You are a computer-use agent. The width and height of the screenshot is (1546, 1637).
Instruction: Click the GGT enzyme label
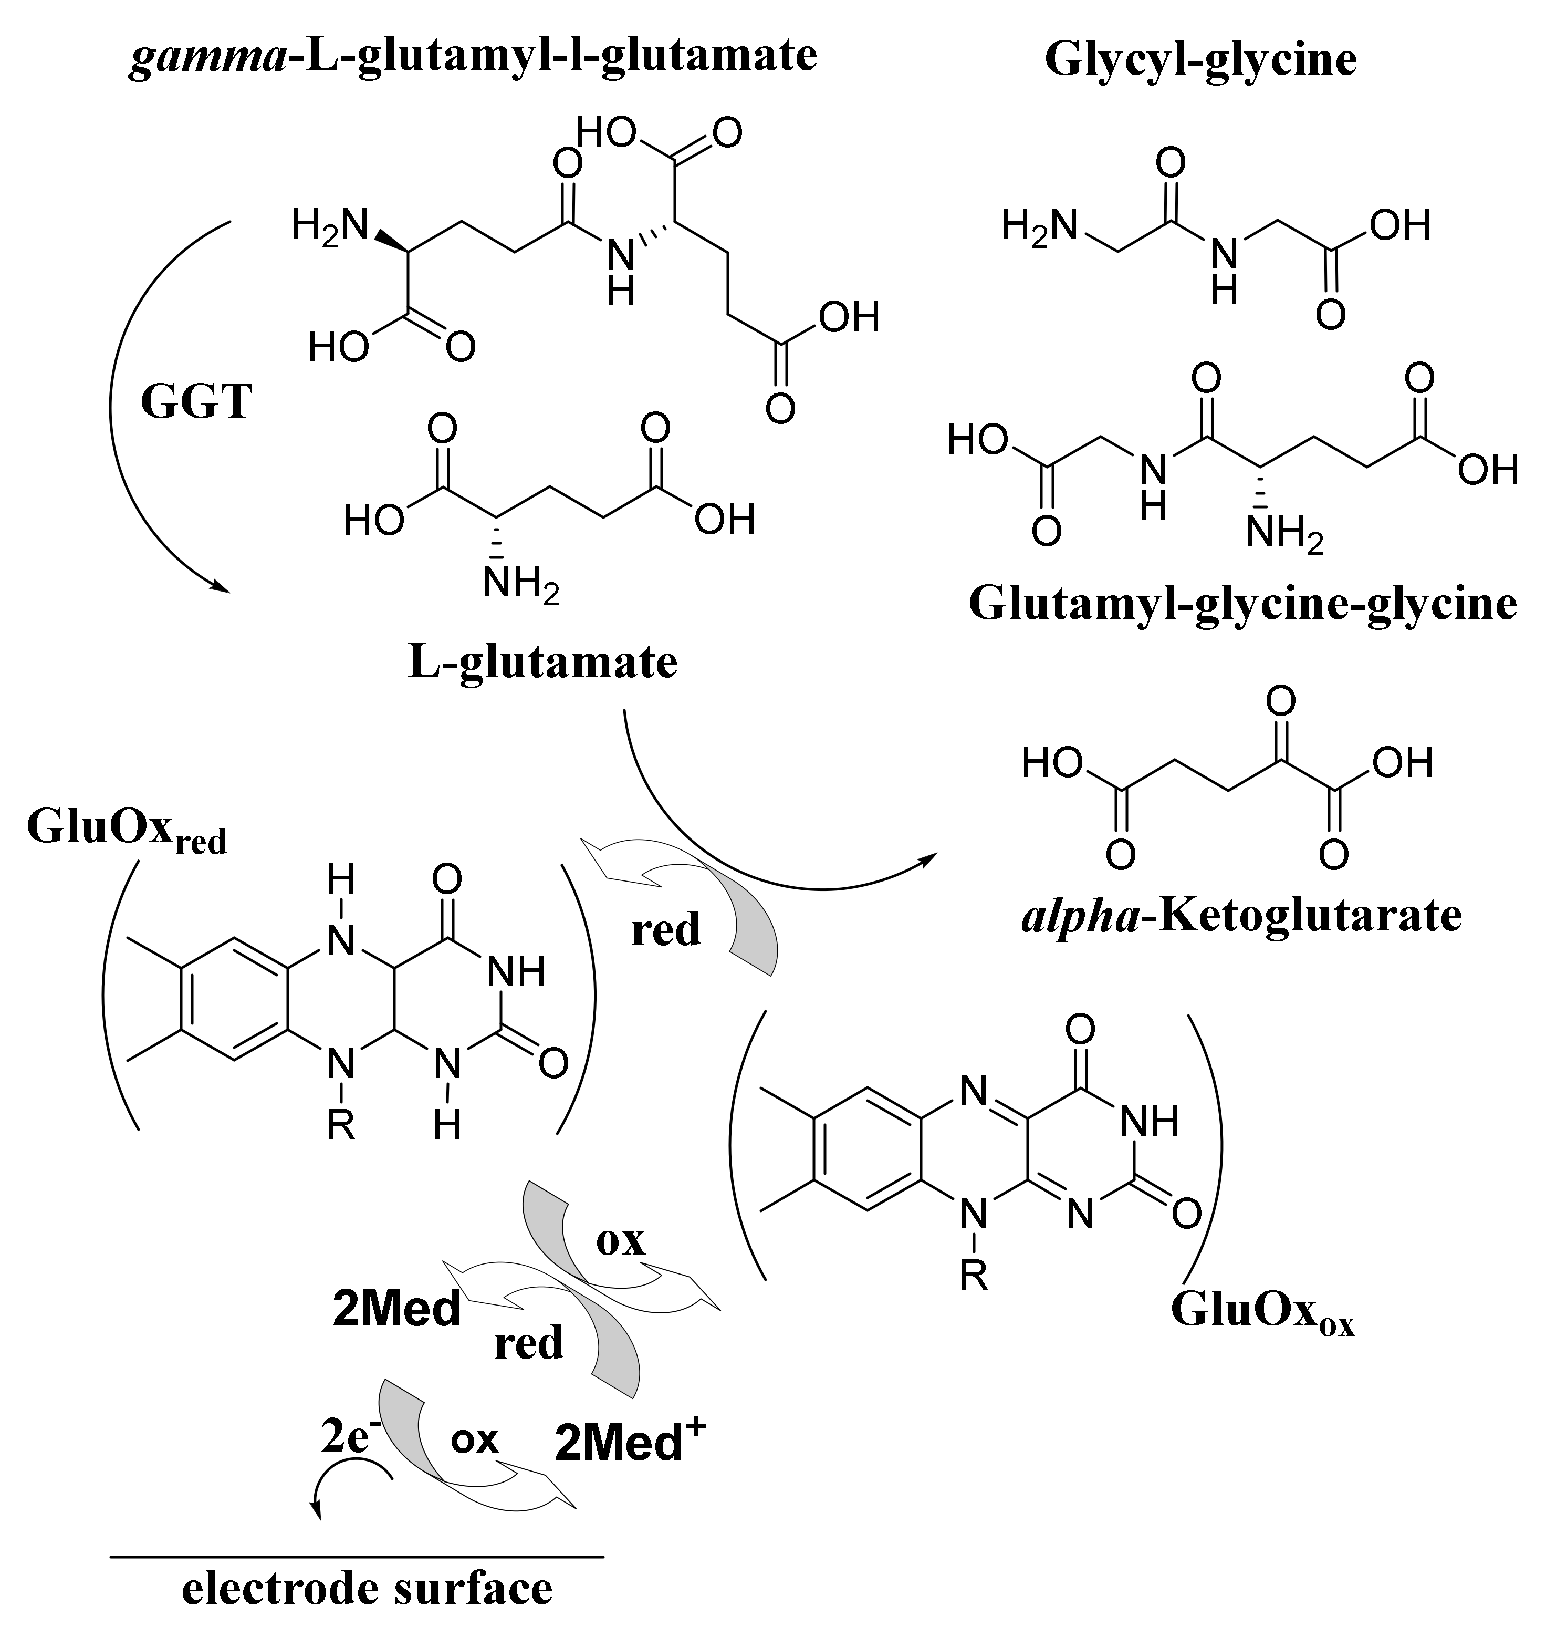click(x=196, y=403)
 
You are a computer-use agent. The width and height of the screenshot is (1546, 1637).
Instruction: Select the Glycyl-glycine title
click(x=1200, y=60)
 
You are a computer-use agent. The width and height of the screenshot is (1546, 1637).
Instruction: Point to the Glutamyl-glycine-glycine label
click(x=1242, y=604)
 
